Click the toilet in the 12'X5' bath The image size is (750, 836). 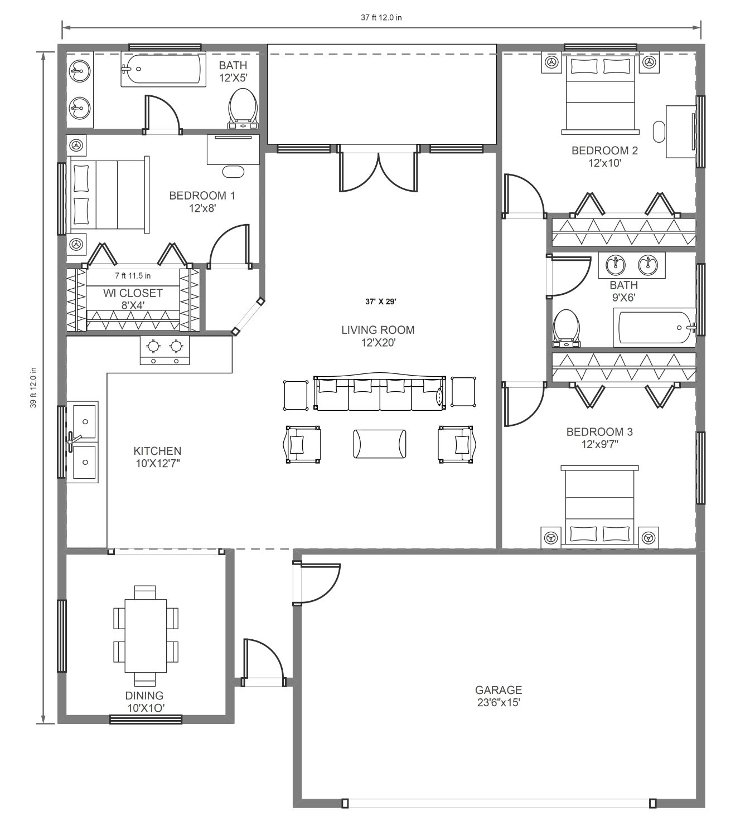click(x=243, y=109)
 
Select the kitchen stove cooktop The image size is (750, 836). click(x=165, y=350)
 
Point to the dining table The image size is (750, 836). click(x=146, y=636)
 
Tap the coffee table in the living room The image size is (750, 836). click(x=380, y=444)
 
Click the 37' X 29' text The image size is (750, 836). click(x=381, y=302)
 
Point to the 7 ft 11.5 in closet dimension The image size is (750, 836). click(x=133, y=275)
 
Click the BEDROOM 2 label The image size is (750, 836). click(x=604, y=150)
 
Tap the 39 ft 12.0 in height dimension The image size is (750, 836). click(x=33, y=388)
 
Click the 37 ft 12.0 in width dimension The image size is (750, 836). click(x=381, y=17)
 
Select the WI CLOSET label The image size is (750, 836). click(x=133, y=293)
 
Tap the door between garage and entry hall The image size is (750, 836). click(x=316, y=583)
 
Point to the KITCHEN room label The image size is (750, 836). click(x=157, y=451)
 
